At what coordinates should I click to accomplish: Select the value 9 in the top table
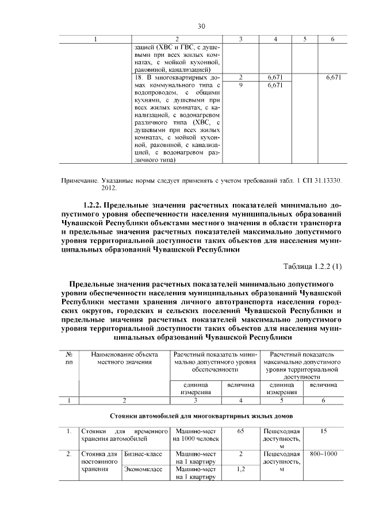tap(240, 85)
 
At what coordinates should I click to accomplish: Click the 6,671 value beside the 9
tap(277, 85)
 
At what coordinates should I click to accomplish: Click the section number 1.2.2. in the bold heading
tap(97, 204)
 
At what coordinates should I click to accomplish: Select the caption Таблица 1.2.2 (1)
tap(313, 265)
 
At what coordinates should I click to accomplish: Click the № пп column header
tap(69, 359)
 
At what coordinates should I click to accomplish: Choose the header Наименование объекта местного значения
tap(124, 359)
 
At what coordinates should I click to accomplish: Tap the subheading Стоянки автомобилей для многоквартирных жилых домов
tap(202, 414)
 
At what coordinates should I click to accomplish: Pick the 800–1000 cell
tap(324, 454)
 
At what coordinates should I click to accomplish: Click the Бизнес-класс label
tap(141, 454)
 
